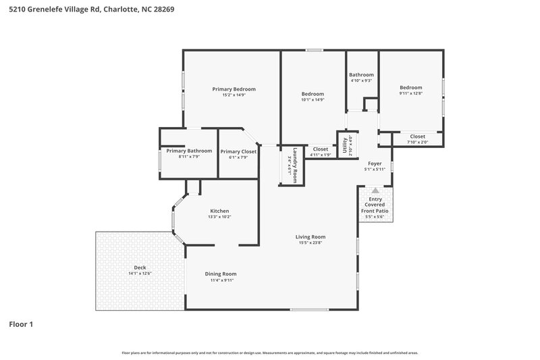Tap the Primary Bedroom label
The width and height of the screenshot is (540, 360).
[x=234, y=89]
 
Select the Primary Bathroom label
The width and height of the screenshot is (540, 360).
[x=189, y=151]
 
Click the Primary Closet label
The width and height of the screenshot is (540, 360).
[x=238, y=151]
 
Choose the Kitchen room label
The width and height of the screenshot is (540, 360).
[x=219, y=211]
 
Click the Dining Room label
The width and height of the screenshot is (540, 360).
[x=221, y=274]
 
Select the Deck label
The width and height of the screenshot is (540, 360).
[x=140, y=267]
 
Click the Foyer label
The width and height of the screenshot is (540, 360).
[x=374, y=163]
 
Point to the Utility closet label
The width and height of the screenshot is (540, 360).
[x=345, y=145]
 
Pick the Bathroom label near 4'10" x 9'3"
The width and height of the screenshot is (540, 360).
[x=361, y=75]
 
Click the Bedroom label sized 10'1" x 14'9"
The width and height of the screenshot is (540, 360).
[x=313, y=94]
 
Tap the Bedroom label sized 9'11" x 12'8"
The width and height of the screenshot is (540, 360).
[x=410, y=87]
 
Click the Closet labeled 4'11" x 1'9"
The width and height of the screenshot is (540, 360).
[x=320, y=149]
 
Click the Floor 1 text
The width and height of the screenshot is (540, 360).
[x=21, y=324]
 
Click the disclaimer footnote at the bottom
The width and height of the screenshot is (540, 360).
[x=269, y=353]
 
